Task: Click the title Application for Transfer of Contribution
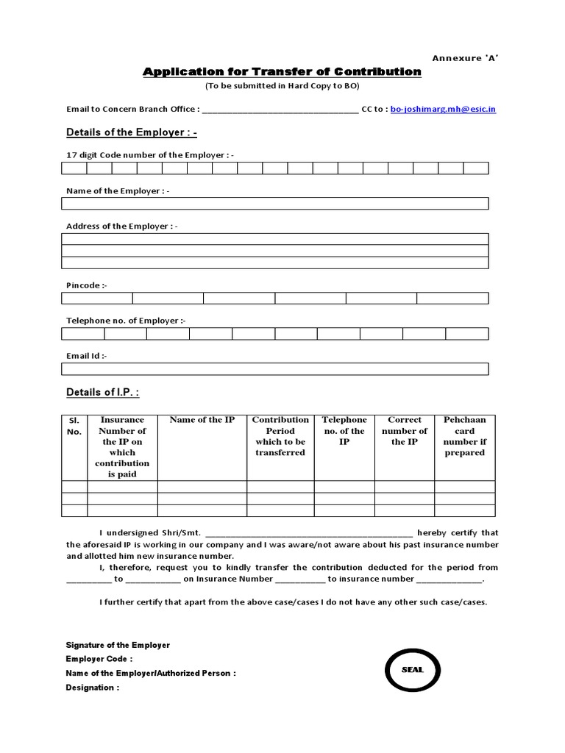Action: point(282,71)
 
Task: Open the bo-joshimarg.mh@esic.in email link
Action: point(443,109)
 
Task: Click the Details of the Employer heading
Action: point(132,132)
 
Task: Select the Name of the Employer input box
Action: point(274,204)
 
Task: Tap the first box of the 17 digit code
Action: point(74,168)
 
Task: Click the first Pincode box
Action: point(96,298)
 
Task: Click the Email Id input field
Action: point(274,368)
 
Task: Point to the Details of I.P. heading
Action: point(102,392)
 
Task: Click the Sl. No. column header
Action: point(74,426)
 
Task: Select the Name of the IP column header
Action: point(202,420)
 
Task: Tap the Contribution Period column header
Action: point(280,436)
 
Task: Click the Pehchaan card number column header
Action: point(464,436)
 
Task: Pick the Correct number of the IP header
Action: point(405,431)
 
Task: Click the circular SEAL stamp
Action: point(412,670)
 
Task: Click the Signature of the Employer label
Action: point(118,645)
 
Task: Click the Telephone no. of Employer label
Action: point(126,321)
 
